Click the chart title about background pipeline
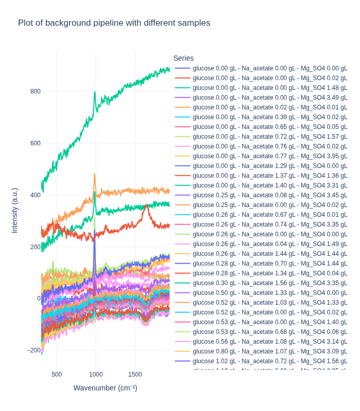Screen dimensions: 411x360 point(114,23)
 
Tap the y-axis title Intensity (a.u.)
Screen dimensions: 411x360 point(14,211)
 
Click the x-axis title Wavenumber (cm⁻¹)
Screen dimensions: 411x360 point(105,388)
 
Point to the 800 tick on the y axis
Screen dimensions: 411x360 point(35,91)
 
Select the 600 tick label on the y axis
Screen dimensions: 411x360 point(35,143)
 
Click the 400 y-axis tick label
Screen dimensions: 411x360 point(35,195)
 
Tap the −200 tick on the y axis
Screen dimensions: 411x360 point(33,350)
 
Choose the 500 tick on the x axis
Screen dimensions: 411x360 point(57,375)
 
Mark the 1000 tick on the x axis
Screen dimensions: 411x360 point(96,375)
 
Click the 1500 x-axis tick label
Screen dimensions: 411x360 point(135,375)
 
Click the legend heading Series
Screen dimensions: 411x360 point(184,58)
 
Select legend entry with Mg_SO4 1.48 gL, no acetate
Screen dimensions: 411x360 point(269,88)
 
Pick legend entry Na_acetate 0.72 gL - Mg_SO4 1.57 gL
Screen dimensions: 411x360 point(269,137)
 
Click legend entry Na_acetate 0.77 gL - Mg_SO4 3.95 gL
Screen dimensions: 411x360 point(269,156)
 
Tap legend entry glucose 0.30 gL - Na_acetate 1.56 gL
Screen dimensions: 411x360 point(269,283)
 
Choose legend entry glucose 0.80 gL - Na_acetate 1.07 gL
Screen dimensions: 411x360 point(269,351)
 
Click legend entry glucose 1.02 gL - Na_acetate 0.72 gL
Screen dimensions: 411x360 point(269,361)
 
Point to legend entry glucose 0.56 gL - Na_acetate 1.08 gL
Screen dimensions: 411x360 point(269,342)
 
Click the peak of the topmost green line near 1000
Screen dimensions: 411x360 point(95,92)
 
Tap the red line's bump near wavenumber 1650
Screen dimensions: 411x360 point(147,206)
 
